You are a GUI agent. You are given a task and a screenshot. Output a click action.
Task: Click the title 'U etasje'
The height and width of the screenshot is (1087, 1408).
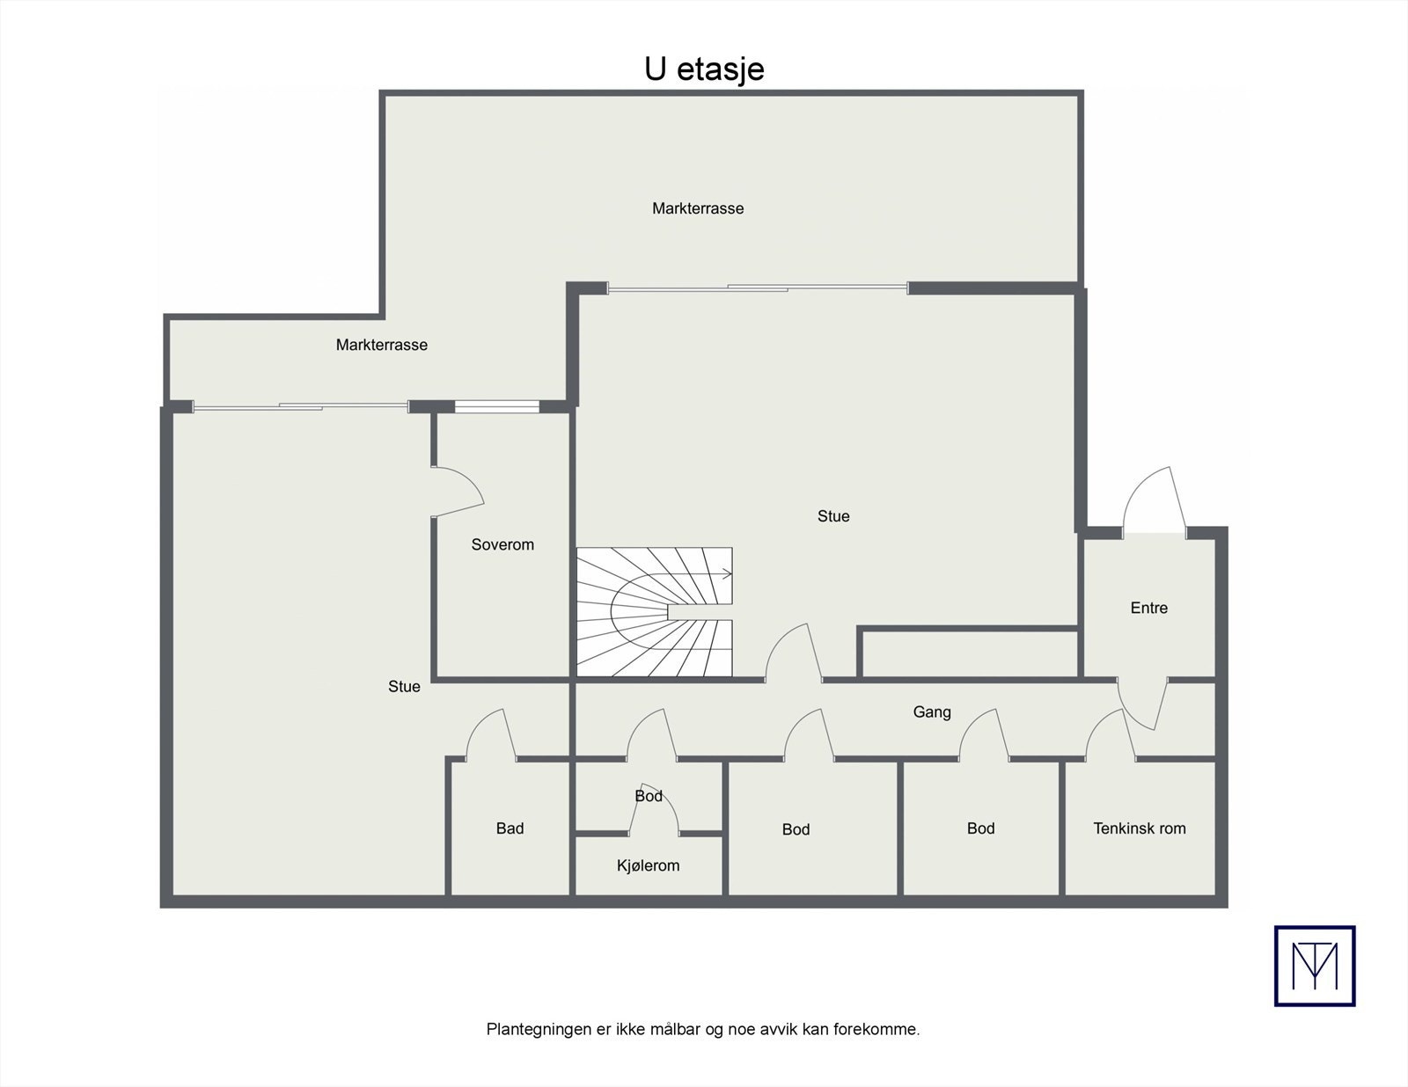[x=704, y=69]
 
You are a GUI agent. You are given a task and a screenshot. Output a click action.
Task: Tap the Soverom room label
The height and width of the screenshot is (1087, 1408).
[x=502, y=544]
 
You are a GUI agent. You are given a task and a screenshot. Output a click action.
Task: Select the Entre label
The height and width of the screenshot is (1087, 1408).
[x=1148, y=608]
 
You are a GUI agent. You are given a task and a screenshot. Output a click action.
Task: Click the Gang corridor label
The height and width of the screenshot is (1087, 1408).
[x=932, y=712]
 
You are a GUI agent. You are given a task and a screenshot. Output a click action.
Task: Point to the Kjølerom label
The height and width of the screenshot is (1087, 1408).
[x=648, y=865]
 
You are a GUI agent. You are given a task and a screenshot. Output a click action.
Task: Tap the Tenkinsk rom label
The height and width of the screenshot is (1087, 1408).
[x=1139, y=828]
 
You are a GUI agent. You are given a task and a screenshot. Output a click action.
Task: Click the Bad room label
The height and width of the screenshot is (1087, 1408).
[x=510, y=828]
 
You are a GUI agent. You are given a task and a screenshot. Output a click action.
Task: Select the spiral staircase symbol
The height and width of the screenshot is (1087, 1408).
[x=654, y=612]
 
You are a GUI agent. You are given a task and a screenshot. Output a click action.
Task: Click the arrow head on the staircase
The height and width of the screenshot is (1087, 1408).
[x=727, y=574]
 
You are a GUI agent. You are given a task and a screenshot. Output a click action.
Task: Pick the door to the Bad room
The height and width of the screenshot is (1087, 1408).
[x=490, y=735]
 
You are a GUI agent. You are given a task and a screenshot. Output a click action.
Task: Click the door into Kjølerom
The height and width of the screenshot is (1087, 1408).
[x=653, y=809]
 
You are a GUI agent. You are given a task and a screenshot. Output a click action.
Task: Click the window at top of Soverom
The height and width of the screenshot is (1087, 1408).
[x=496, y=406]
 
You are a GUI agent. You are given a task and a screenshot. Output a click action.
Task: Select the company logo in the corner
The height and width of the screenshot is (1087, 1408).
[x=1315, y=966]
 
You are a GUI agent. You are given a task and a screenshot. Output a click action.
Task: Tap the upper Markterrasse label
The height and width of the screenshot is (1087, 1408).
[x=698, y=208]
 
